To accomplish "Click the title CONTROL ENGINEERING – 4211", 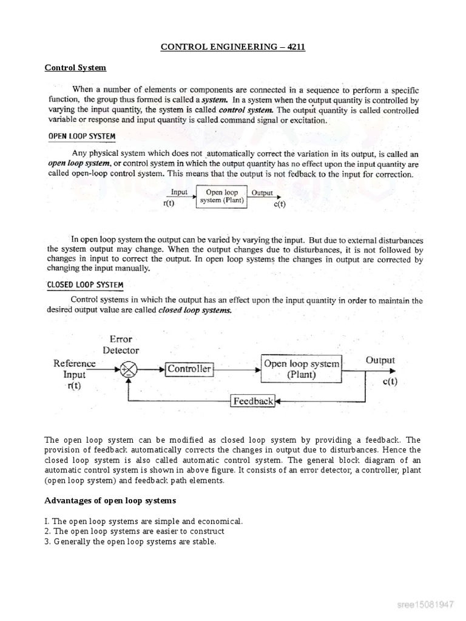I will (x=232, y=47).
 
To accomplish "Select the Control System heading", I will (x=75, y=67).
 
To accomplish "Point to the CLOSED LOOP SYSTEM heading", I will (x=86, y=284).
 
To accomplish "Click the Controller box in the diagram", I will (x=189, y=369).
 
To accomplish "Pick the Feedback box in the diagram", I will (x=253, y=401).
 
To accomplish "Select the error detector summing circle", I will (x=129, y=369).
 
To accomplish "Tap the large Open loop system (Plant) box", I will (x=301, y=369).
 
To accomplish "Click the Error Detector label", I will (x=121, y=344).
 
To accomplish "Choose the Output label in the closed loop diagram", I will (x=380, y=360).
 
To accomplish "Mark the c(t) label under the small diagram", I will (x=279, y=204).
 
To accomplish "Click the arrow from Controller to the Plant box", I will (x=237, y=369).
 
